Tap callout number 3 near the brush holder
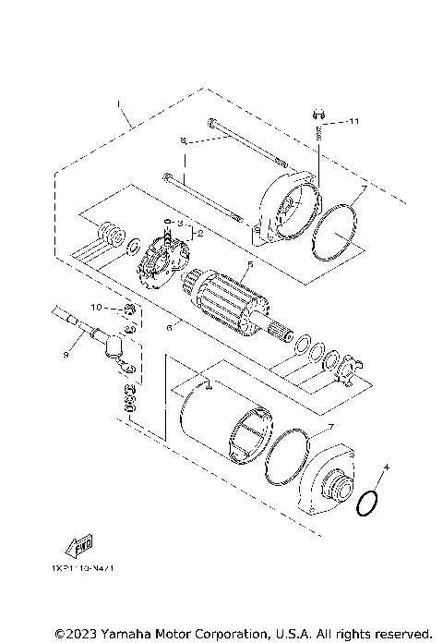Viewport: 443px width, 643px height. click(x=181, y=223)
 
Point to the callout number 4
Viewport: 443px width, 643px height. click(x=388, y=468)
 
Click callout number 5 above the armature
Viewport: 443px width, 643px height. click(x=247, y=263)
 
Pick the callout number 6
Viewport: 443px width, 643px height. click(x=169, y=326)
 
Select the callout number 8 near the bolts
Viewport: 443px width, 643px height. click(x=183, y=141)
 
